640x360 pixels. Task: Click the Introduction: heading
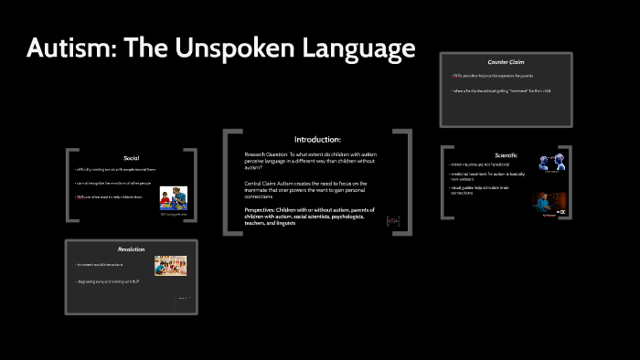(x=317, y=140)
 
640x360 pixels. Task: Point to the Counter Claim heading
(x=506, y=62)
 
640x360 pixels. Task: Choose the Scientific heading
(x=506, y=154)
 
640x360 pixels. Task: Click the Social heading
(x=131, y=157)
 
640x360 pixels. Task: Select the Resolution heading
(x=131, y=249)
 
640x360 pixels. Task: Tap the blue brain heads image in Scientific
(x=552, y=164)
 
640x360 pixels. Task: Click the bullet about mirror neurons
(x=480, y=164)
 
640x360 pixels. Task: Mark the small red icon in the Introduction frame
(x=393, y=220)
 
